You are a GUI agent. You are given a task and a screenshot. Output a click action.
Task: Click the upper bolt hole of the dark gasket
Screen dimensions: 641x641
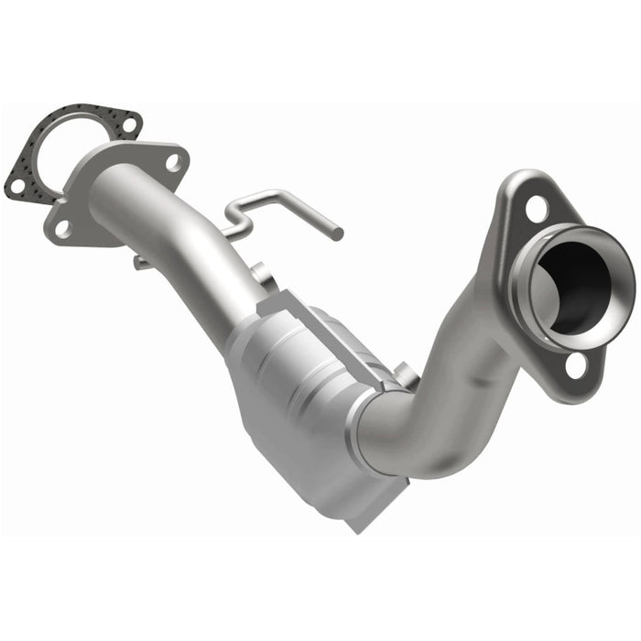(128, 123)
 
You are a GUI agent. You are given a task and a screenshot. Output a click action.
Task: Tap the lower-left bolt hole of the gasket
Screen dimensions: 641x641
(16, 186)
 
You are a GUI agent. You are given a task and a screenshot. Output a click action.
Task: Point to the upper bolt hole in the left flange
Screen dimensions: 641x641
(174, 163)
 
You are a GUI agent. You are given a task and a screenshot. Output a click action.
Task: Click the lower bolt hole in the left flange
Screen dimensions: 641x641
(62, 228)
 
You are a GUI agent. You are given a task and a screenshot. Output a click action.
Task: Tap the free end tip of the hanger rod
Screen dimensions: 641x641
(338, 235)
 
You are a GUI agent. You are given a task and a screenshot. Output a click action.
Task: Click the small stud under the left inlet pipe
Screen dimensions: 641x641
(139, 264)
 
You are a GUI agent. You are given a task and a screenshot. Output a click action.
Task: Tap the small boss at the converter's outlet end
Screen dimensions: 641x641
(403, 374)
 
